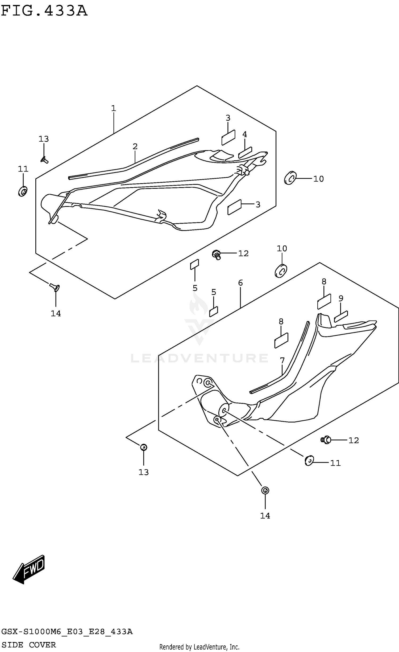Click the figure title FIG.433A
(44, 11)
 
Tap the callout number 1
(114, 108)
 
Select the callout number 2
(135, 146)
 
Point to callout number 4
(245, 134)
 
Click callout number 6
(240, 283)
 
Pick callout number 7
(282, 361)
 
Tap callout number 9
(341, 299)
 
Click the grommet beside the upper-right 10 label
(290, 178)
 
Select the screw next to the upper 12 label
(217, 255)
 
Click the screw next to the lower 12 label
(326, 440)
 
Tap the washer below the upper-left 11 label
(23, 191)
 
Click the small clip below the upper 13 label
(44, 160)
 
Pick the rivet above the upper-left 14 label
(55, 287)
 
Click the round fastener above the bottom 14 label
(265, 490)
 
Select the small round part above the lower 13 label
(144, 447)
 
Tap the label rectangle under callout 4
(245, 153)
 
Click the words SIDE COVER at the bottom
(29, 645)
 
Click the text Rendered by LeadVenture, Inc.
(199, 647)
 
